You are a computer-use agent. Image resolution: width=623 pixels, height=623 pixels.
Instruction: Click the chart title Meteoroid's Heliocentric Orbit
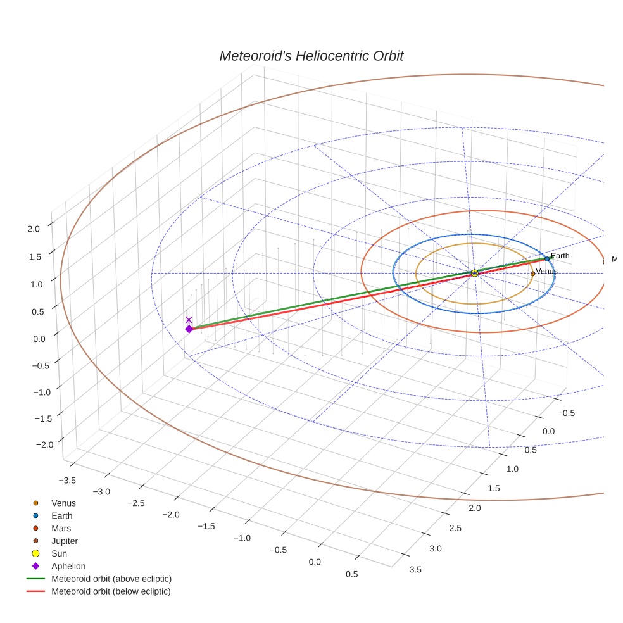(x=311, y=56)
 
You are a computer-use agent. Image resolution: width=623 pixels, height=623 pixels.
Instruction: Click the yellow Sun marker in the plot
(x=475, y=273)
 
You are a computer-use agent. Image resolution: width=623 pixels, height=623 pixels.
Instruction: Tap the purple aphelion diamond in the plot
(x=189, y=329)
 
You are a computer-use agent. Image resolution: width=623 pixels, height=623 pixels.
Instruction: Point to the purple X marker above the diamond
(x=189, y=320)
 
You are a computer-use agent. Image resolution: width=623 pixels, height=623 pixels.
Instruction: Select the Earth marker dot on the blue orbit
(x=547, y=259)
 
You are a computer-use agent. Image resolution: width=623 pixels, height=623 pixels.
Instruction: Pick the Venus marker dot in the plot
(x=532, y=274)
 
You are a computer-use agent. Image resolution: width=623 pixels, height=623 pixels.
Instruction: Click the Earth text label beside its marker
(x=560, y=256)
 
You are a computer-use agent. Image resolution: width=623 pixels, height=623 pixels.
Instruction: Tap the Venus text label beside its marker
(x=547, y=272)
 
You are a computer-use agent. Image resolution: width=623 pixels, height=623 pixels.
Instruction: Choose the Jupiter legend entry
(x=65, y=541)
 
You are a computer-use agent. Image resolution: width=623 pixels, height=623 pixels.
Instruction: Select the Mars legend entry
(x=61, y=529)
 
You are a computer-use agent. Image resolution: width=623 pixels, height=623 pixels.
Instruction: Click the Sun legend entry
(x=59, y=554)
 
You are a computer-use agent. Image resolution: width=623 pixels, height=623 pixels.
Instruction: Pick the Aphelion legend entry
(x=68, y=567)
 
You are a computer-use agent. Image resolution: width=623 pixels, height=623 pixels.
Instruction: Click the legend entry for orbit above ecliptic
(x=111, y=579)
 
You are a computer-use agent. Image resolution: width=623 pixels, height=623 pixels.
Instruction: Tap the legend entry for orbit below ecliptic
(x=111, y=591)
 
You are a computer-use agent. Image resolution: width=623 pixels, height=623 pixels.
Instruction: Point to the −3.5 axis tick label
(x=66, y=481)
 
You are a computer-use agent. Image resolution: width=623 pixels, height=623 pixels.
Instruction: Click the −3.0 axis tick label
(x=101, y=492)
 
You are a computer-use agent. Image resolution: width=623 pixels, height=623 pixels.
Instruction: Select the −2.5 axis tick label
(x=135, y=503)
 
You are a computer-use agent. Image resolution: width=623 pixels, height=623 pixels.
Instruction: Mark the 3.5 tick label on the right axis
(x=416, y=569)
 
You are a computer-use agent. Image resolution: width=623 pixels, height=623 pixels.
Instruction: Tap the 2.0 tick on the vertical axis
(x=34, y=229)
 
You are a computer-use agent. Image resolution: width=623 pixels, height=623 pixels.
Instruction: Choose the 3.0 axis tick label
(x=436, y=549)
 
